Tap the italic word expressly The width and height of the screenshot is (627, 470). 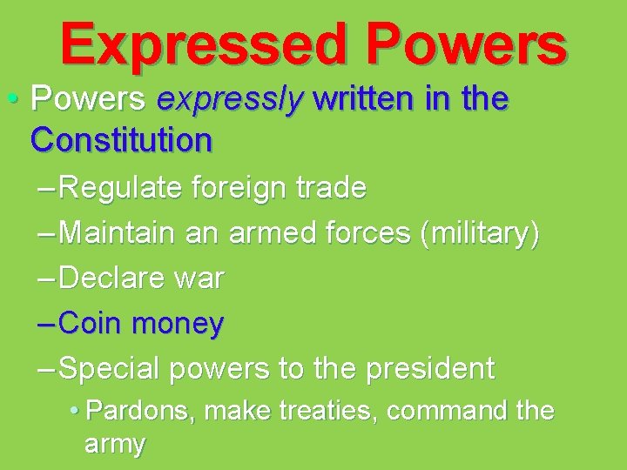click(229, 100)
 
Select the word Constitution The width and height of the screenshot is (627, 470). click(120, 139)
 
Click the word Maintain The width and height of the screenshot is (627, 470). click(120, 232)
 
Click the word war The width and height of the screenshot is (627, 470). click(202, 279)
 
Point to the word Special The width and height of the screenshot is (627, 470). click(111, 369)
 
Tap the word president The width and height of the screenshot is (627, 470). click(429, 369)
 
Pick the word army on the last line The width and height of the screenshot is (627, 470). click(114, 445)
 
